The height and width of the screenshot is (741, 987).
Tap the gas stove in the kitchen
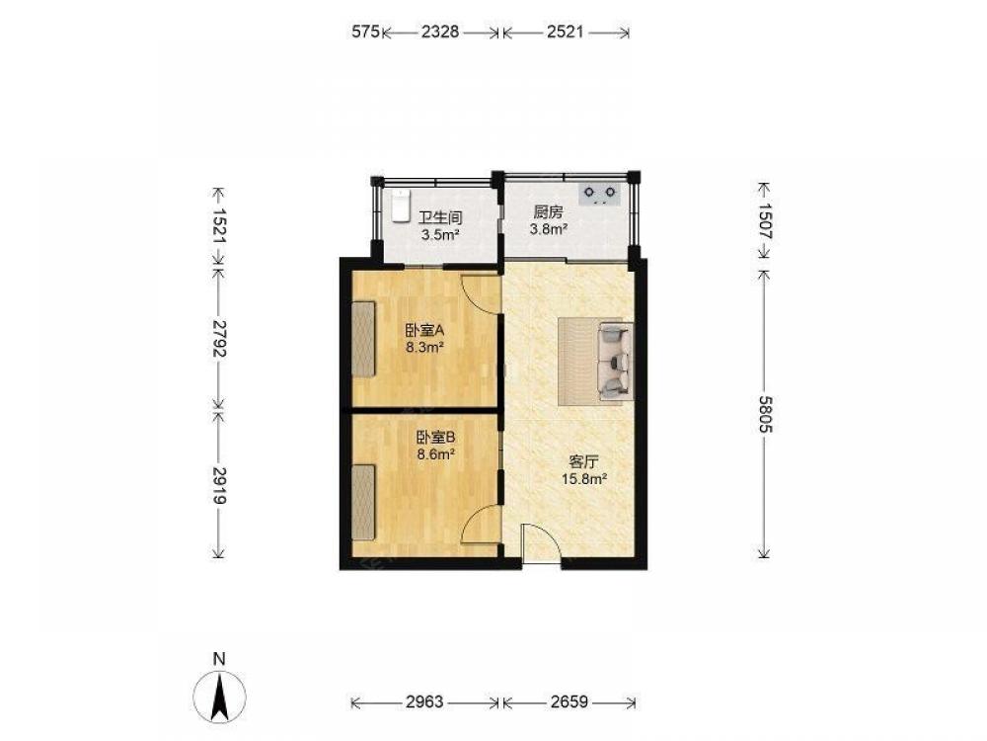coord(600,194)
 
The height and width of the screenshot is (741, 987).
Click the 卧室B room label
coord(436,437)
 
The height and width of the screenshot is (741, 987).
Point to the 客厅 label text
coord(583,461)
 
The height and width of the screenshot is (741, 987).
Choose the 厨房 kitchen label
coord(548,212)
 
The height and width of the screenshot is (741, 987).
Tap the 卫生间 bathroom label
coord(440,218)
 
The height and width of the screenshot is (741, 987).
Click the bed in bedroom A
coord(363,339)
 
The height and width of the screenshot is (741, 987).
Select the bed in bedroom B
coord(363,502)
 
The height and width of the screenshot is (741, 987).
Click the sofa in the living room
coord(615,361)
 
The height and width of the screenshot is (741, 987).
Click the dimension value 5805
coord(764,414)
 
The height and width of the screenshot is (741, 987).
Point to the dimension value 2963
coord(424,701)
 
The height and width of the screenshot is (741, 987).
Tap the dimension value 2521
coord(565,32)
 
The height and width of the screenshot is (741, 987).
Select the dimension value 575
coord(366,32)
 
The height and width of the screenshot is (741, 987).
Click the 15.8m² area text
coord(583,479)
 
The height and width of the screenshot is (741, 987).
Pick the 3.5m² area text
coord(440,235)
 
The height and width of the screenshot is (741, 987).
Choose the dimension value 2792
coord(218,338)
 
